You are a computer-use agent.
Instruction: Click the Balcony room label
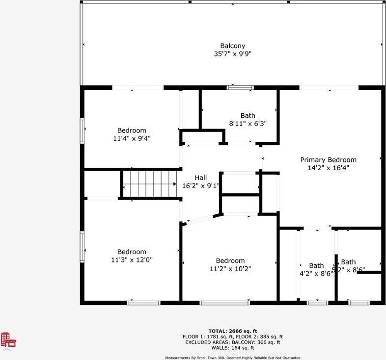pyautogui.click(x=233, y=46)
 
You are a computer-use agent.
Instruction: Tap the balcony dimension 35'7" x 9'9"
pyautogui.click(x=233, y=54)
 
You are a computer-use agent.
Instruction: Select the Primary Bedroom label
pyautogui.click(x=328, y=160)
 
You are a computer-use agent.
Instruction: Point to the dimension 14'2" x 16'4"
pyautogui.click(x=328, y=168)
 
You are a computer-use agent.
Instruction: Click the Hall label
pyautogui.click(x=201, y=178)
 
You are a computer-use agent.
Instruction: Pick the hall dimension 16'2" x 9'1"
pyautogui.click(x=201, y=186)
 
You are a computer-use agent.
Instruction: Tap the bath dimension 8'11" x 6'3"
pyautogui.click(x=248, y=124)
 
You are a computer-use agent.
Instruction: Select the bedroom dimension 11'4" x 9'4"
pyautogui.click(x=132, y=138)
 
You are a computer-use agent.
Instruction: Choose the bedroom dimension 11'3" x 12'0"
pyautogui.click(x=132, y=260)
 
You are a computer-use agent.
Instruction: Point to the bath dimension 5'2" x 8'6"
pyautogui.click(x=349, y=269)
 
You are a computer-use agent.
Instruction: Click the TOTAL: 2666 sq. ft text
pyautogui.click(x=233, y=331)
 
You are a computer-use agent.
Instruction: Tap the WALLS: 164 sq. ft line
pyautogui.click(x=233, y=348)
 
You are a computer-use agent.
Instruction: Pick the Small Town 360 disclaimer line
pyautogui.click(x=233, y=358)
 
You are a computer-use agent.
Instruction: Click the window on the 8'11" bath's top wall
pyautogui.click(x=240, y=87)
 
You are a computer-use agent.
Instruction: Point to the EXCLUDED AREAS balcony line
pyautogui.click(x=233, y=342)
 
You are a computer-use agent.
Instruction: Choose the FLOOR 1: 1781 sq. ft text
pyautogui.click(x=206, y=337)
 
